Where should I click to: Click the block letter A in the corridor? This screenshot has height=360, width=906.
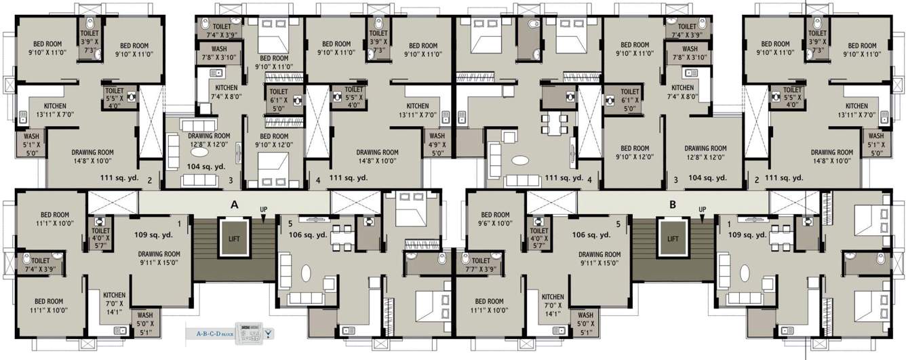click(234, 203)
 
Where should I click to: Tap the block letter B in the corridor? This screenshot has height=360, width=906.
click(673, 203)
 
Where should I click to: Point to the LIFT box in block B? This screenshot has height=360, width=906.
click(672, 239)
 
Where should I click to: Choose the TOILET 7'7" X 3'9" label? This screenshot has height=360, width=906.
click(481, 265)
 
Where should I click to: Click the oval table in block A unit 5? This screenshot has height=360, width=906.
click(306, 273)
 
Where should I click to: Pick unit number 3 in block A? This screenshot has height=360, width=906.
click(231, 181)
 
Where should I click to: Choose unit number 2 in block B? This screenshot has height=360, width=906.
click(756, 181)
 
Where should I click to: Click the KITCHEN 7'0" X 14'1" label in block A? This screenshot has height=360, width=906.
click(114, 303)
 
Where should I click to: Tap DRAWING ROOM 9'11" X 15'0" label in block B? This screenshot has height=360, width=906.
click(599, 260)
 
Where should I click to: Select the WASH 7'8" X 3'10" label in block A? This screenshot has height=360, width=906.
click(219, 54)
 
